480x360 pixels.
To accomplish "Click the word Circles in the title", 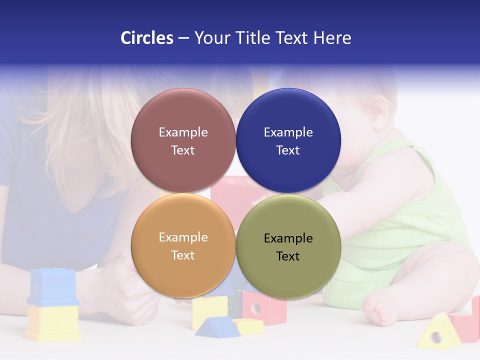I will tap(147, 38).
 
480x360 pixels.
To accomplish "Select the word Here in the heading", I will tap(332, 38).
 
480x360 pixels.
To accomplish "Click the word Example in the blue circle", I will tap(288, 132).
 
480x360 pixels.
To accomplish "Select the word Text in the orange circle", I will tap(183, 255).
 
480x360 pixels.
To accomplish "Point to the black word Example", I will tap(288, 238).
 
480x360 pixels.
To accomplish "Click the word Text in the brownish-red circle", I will tap(183, 150).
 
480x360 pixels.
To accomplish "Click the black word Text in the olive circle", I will tap(288, 256).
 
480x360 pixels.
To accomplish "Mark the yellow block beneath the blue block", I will tap(52, 322).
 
